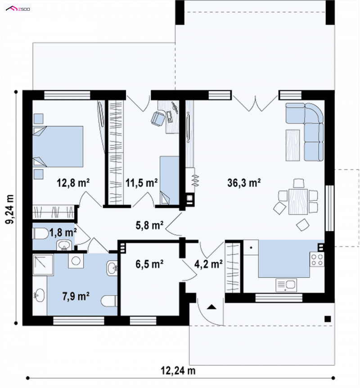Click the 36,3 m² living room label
pos(243,183)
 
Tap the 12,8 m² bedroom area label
pos(73,183)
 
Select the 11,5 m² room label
pos(141,183)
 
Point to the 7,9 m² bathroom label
pos(76,296)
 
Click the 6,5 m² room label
pos(149,264)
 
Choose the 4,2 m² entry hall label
pos(208,264)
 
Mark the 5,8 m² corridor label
pos(149,225)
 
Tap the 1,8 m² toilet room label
pos(63,232)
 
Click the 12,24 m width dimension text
pos(178,370)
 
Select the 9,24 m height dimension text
pos(10,209)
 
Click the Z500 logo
pos(18,9)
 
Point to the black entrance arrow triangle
pos(211,307)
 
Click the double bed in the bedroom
pos(58,147)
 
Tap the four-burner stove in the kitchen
pos(317,259)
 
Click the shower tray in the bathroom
pos(43,264)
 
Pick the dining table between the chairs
pos(298,202)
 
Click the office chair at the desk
pos(157,118)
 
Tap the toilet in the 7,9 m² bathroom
pos(109,301)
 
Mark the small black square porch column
pos(327,319)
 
